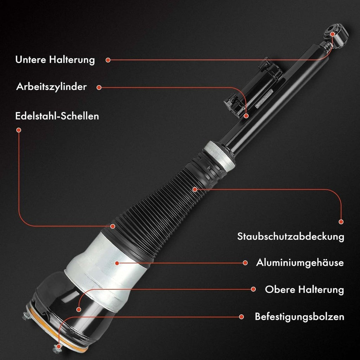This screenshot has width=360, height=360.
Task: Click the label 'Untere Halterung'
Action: point(55,60)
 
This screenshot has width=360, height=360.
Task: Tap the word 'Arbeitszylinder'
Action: point(51,87)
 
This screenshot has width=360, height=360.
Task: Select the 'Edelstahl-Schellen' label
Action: point(57,116)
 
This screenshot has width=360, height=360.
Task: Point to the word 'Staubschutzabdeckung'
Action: point(291,237)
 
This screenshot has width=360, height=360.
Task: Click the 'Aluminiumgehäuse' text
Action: point(300,263)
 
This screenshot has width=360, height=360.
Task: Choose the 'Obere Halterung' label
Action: point(304,289)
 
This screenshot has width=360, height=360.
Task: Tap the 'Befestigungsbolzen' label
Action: point(300,317)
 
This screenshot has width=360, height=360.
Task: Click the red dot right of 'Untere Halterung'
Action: point(108,60)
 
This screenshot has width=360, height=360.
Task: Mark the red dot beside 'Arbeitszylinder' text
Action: point(99,88)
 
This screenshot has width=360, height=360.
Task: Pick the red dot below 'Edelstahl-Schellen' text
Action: point(19,130)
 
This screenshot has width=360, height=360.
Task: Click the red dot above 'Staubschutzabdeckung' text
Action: point(341,222)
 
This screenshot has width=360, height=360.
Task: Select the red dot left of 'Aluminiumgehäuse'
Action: point(245,263)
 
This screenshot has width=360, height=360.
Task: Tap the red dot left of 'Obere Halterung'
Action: point(253,289)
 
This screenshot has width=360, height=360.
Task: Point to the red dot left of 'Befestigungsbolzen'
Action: point(241,317)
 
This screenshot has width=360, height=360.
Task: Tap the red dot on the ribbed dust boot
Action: point(195,189)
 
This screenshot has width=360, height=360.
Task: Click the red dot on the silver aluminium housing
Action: point(117,263)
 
